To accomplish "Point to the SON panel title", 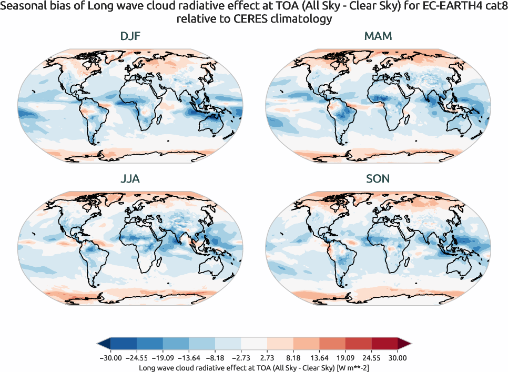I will (378, 178).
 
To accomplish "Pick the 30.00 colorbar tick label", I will (398, 358).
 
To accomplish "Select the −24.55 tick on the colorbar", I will (137, 358).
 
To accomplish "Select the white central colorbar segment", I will (254, 344).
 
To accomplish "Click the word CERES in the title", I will (249, 19).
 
